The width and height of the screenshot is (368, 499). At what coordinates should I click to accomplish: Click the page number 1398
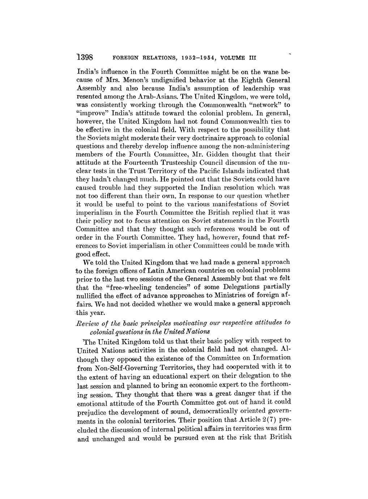point(85,57)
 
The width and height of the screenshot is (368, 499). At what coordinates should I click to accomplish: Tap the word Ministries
point(232,295)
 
